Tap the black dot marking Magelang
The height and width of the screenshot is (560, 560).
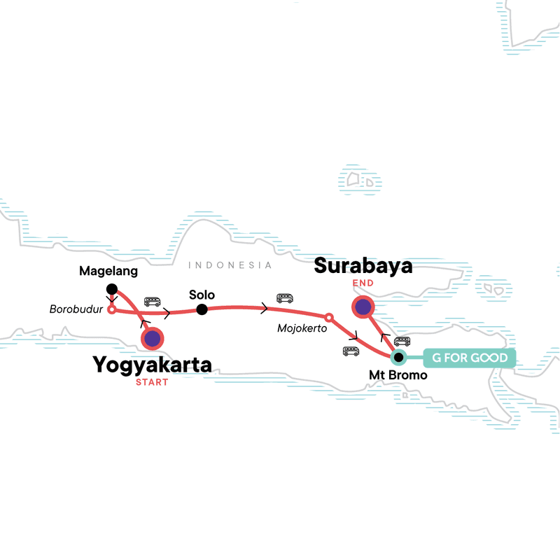click(x=111, y=288)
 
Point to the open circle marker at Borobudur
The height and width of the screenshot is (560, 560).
click(x=111, y=309)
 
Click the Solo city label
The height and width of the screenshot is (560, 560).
click(x=202, y=295)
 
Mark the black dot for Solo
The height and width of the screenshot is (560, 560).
click(x=202, y=309)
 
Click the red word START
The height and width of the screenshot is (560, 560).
click(x=153, y=382)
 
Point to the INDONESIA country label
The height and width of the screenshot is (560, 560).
click(x=230, y=265)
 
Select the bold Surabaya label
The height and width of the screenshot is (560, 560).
click(x=363, y=267)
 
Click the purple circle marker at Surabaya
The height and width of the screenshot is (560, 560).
click(x=363, y=307)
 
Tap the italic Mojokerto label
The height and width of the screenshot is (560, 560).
click(x=302, y=328)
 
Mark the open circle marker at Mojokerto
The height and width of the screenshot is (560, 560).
click(x=329, y=321)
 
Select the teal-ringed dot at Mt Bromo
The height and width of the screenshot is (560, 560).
click(x=398, y=358)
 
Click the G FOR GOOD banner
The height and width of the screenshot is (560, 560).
click(x=469, y=358)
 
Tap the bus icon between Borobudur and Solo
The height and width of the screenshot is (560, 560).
click(x=152, y=302)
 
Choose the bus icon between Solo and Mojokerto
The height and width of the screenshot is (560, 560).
click(x=284, y=298)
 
